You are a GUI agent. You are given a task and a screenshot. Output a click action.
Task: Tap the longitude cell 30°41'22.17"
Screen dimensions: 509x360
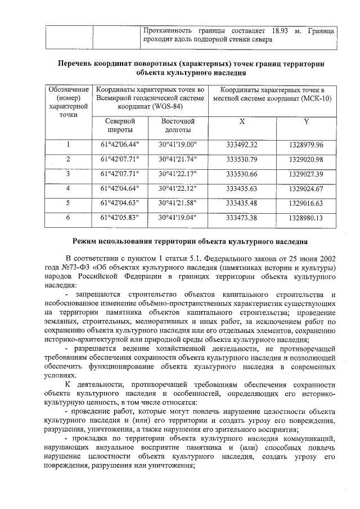click(177, 173)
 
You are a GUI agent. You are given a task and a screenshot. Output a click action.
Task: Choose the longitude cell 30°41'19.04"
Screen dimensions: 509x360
click(177, 217)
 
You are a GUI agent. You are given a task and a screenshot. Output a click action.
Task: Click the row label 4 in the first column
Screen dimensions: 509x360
click(68, 188)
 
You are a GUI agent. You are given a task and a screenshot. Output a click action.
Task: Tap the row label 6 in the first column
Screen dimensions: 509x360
click(68, 217)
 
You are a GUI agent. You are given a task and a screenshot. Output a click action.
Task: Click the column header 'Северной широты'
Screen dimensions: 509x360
click(120, 125)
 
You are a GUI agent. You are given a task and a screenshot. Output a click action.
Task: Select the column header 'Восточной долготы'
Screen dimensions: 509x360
click(177, 125)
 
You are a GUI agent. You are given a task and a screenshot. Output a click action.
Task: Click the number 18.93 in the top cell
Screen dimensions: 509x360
click(279, 29)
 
